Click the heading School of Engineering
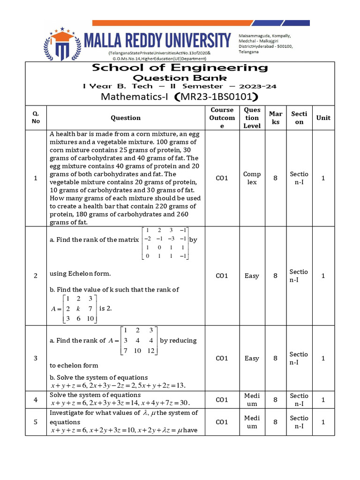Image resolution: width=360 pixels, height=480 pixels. [x=180, y=67]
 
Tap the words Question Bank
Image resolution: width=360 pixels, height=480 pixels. [x=180, y=78]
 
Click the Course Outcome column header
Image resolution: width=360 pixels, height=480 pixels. [x=222, y=118]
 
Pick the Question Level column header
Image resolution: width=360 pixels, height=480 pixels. [x=252, y=118]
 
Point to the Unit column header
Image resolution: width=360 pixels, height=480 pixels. [x=323, y=118]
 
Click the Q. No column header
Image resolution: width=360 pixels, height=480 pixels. [x=36, y=118]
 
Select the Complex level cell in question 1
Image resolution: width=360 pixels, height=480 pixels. [x=252, y=178]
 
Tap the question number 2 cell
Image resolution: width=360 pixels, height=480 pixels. [x=36, y=276]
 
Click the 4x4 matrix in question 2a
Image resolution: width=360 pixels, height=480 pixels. [x=166, y=243]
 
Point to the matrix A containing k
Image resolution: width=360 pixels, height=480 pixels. [x=74, y=308]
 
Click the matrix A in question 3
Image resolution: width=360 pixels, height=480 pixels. [x=138, y=341]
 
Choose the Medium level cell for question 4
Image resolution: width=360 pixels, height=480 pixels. [x=252, y=399]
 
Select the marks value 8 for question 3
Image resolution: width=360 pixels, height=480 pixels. [x=276, y=358]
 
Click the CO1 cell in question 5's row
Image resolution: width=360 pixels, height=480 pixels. [x=222, y=422]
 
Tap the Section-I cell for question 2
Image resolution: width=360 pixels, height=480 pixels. [x=299, y=276]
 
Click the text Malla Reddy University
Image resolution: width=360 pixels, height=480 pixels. [x=157, y=40]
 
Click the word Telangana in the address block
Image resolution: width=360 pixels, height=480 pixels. [x=251, y=52]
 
